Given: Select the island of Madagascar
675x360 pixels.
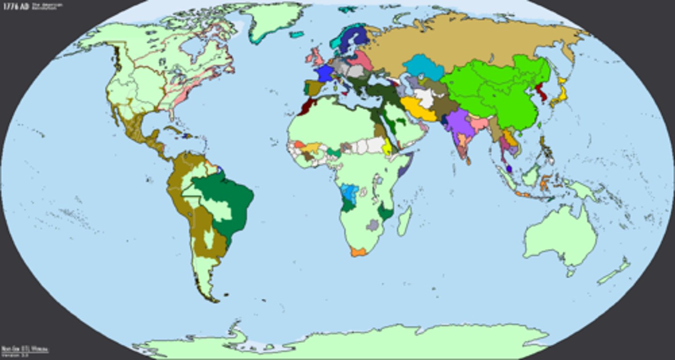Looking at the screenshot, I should tap(405, 221).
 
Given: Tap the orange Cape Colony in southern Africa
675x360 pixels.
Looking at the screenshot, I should tap(358, 252).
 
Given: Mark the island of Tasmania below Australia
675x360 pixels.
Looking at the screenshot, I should tap(570, 271).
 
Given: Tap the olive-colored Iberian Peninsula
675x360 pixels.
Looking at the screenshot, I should tap(313, 88).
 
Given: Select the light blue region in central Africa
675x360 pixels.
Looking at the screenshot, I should tap(349, 192).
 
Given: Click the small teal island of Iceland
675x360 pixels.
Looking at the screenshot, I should tap(296, 34).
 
